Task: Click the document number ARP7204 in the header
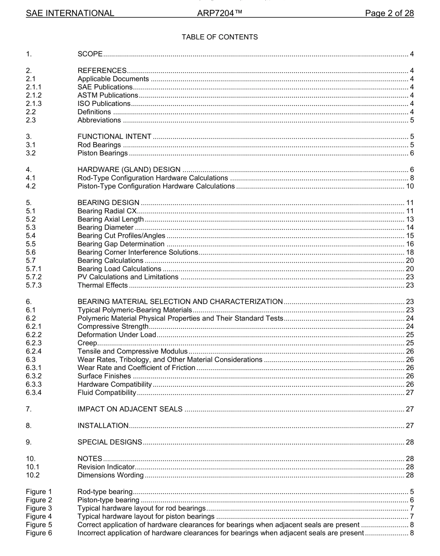(x=217, y=13)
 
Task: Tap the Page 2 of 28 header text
(x=389, y=13)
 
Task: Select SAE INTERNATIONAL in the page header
(x=70, y=13)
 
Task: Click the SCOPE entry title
(x=90, y=54)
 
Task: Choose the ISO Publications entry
(x=104, y=104)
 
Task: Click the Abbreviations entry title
(x=99, y=120)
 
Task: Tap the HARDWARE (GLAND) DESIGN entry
(x=129, y=169)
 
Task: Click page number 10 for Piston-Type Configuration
(x=409, y=186)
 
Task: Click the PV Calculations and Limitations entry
(x=128, y=277)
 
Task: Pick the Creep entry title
(x=88, y=343)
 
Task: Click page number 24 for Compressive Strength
(x=409, y=327)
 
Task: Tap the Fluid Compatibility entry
(x=107, y=393)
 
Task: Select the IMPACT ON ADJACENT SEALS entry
(x=130, y=409)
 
